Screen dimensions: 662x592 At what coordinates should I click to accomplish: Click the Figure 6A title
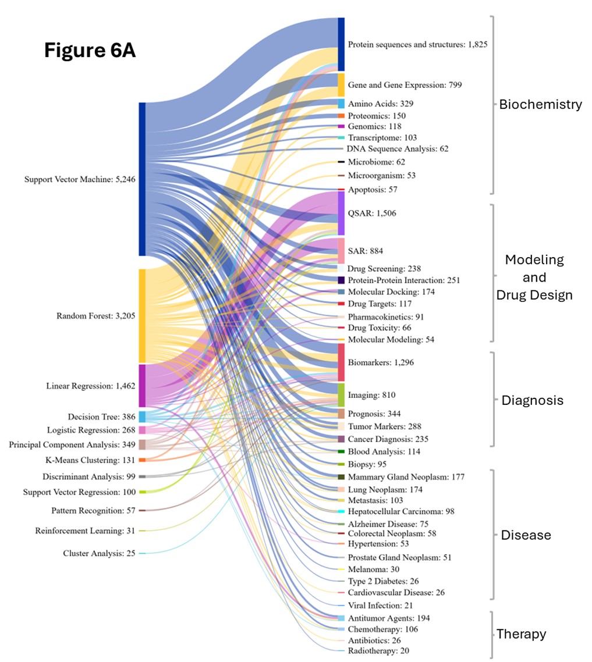tap(90, 51)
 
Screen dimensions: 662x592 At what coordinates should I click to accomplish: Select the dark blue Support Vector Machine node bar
tap(142, 179)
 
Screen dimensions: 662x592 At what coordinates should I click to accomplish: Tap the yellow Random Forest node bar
tap(142, 316)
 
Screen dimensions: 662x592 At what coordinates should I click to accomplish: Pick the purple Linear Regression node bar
tap(142, 385)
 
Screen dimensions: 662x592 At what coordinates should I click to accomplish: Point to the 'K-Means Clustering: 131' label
tap(92, 460)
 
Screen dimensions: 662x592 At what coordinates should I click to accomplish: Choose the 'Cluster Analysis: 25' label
tap(99, 553)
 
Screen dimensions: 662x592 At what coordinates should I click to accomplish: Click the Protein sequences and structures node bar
tap(341, 44)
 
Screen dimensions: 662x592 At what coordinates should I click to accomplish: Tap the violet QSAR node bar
tap(341, 213)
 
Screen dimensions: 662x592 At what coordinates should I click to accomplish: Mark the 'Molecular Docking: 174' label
tap(391, 291)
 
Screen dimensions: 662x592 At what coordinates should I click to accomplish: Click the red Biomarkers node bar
tap(341, 362)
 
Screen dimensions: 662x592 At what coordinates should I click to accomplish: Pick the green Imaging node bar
tap(341, 395)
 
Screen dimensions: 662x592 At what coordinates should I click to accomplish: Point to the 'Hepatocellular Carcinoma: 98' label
tap(401, 511)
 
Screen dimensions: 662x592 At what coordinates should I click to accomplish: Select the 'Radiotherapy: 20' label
tap(378, 650)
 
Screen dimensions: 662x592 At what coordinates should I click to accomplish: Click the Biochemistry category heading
tap(540, 105)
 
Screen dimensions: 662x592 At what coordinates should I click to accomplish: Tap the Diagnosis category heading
tap(532, 400)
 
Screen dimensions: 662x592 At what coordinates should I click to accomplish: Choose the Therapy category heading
tap(521, 634)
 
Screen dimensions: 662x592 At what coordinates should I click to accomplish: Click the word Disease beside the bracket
tap(526, 535)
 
